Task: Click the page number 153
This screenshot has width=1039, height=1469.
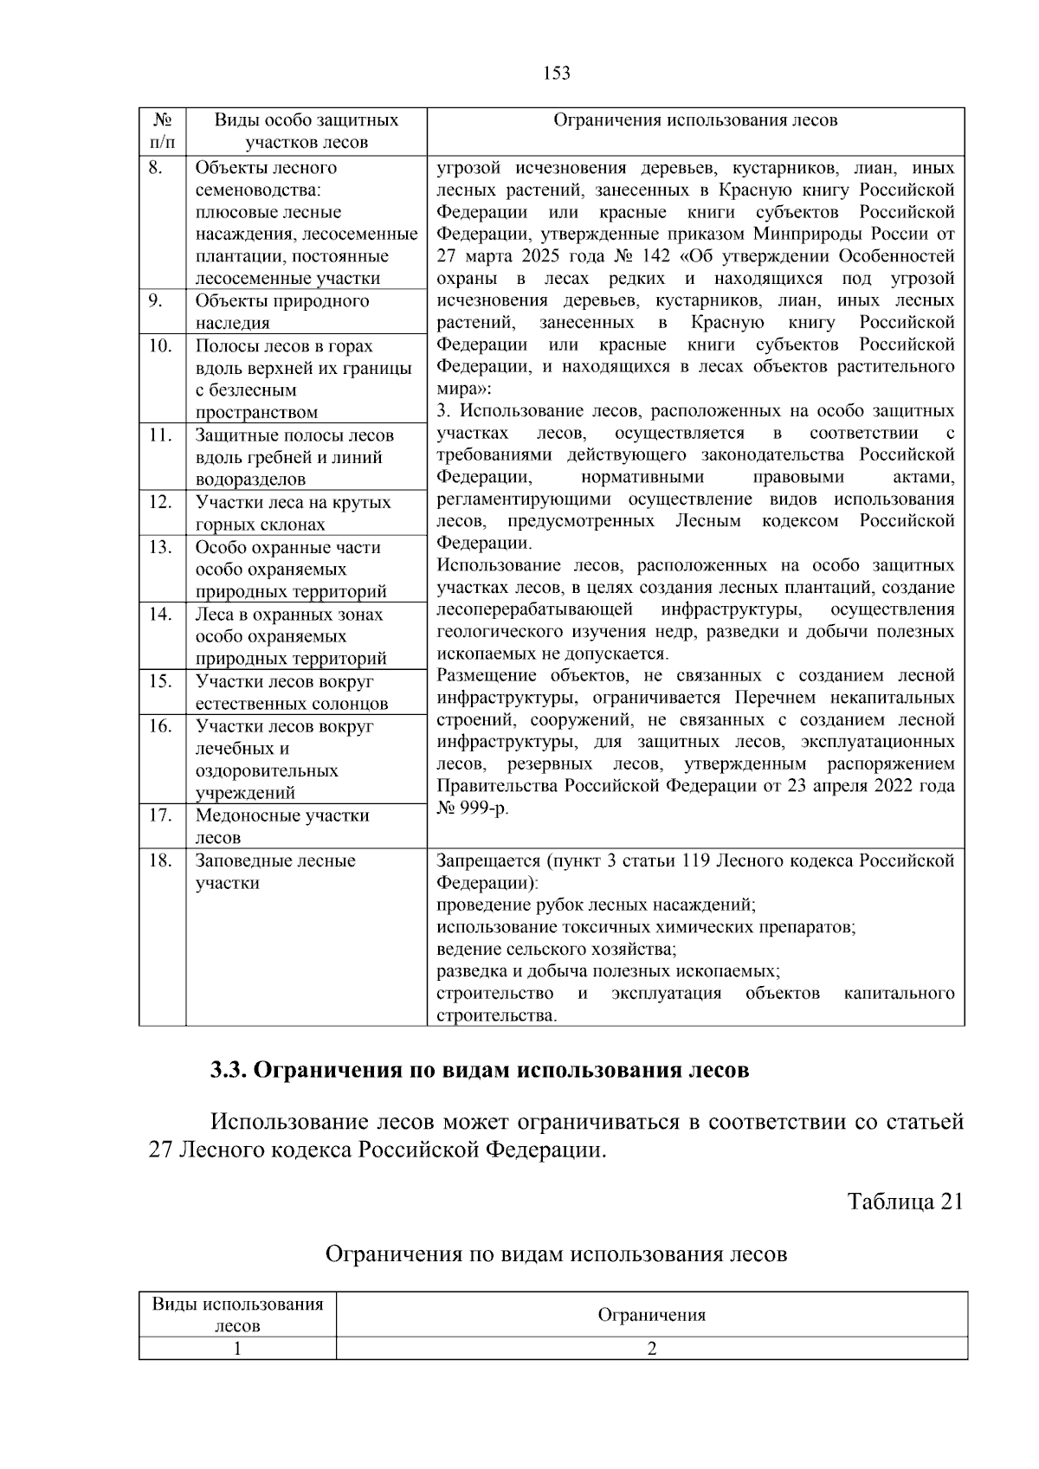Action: (x=557, y=74)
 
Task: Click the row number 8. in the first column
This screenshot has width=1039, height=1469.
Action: (x=155, y=168)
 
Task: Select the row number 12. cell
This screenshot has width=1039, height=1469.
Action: (x=159, y=502)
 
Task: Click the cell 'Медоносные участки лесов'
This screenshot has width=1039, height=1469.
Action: (x=282, y=826)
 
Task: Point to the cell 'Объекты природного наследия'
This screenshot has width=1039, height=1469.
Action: (x=282, y=312)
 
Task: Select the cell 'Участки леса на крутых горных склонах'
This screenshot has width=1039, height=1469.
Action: (x=293, y=513)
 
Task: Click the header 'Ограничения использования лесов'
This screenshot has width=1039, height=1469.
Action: (x=695, y=120)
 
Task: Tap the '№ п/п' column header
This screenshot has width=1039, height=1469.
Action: (x=162, y=131)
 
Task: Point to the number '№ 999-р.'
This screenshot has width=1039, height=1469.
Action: (x=474, y=808)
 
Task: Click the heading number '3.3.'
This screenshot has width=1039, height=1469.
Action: (x=229, y=1070)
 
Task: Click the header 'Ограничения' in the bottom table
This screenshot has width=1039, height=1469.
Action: (x=651, y=1315)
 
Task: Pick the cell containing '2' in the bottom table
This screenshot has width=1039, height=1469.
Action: (x=651, y=1348)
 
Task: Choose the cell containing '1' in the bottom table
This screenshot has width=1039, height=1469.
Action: (x=237, y=1348)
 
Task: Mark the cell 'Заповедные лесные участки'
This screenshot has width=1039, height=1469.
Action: (x=275, y=872)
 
